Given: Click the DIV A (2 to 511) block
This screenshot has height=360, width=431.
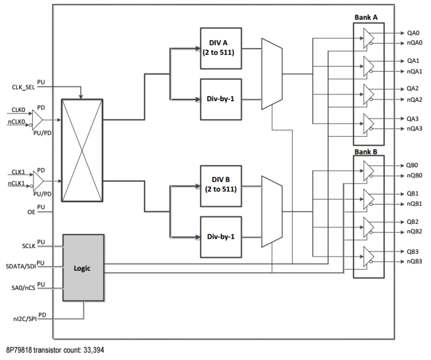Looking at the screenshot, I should [221, 48].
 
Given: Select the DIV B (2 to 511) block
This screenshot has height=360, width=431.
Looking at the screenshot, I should [221, 186].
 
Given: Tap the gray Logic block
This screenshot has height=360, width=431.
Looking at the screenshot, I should [83, 268].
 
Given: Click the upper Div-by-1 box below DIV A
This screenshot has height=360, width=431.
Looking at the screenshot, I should [221, 99].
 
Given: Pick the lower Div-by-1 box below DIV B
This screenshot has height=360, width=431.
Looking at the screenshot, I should [221, 237].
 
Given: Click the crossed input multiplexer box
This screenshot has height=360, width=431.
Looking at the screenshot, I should [82, 150].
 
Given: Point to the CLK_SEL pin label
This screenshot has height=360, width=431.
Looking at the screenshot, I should [23, 87].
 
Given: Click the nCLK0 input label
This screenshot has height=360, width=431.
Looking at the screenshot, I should [16, 122].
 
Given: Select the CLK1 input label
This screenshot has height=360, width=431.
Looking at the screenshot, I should [18, 172].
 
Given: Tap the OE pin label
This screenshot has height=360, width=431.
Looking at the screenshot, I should [31, 212].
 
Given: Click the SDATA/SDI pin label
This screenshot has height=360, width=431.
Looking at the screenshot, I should [21, 266].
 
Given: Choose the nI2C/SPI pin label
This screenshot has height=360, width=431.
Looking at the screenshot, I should [25, 319].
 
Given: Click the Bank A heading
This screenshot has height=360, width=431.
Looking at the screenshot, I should [366, 18].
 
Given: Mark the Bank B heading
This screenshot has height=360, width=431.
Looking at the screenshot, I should [366, 152].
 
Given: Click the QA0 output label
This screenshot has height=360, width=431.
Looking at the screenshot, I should [413, 33].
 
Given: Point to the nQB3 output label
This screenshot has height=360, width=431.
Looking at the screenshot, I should [414, 262].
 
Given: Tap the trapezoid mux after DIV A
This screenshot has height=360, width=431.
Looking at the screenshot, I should [272, 74].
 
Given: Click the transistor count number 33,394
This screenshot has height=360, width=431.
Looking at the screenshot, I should [93, 350].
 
